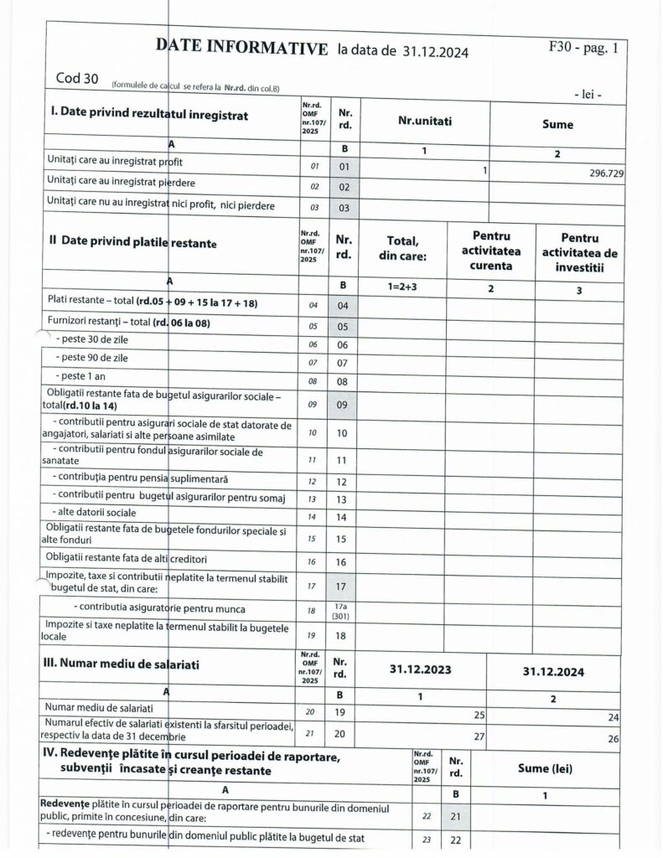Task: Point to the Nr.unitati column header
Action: tap(425, 121)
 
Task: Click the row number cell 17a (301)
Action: tap(342, 610)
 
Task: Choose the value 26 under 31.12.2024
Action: tap(614, 738)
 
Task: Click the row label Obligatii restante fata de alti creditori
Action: tap(126, 557)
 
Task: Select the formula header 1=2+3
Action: tap(403, 287)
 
